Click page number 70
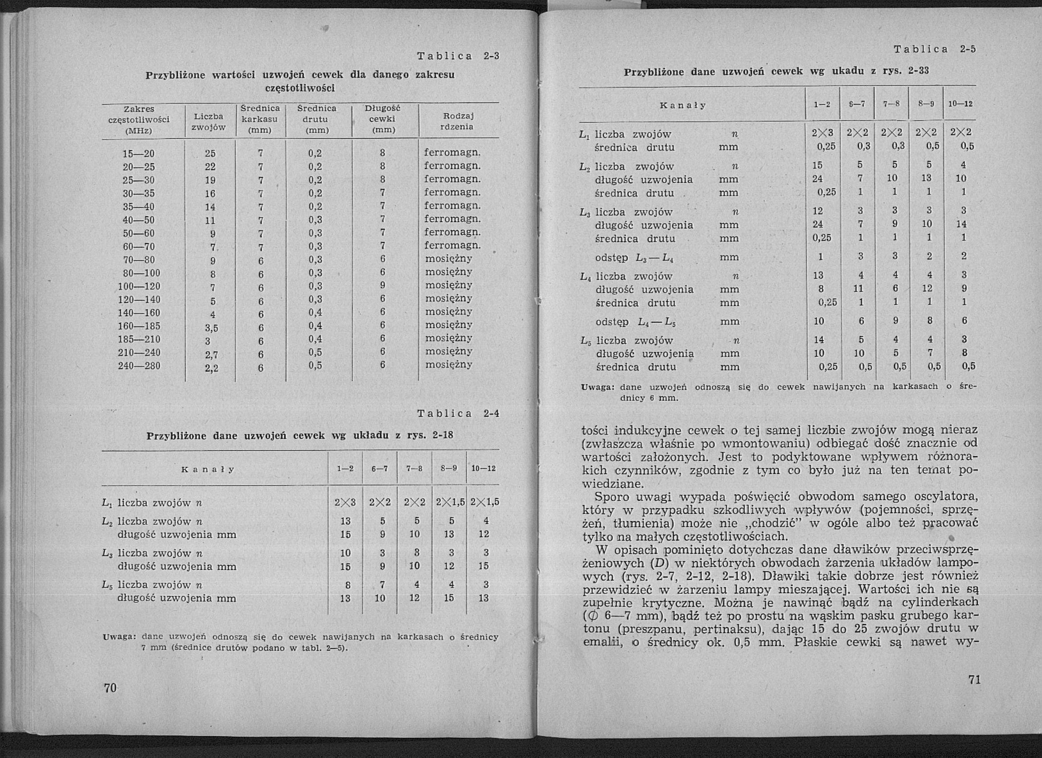click(x=110, y=688)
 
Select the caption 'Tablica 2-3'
click(x=458, y=56)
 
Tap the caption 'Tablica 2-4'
click(x=458, y=413)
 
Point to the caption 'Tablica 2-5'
click(x=935, y=49)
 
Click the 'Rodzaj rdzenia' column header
click(x=457, y=121)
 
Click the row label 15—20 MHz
click(x=139, y=153)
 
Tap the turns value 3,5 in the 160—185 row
click(x=211, y=328)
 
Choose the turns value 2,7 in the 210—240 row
click(x=211, y=354)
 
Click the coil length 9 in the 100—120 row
click(x=382, y=285)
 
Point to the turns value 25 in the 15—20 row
click(x=210, y=153)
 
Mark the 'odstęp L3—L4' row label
click(x=634, y=258)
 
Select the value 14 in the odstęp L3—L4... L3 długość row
click(x=962, y=224)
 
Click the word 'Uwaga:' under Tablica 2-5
click(x=598, y=387)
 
